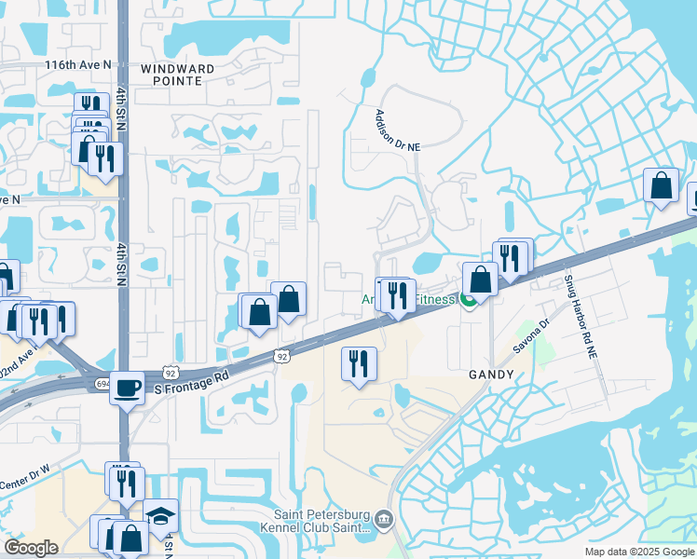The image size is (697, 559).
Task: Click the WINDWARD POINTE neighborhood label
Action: coord(177,75)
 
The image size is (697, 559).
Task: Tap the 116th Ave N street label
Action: coord(77,64)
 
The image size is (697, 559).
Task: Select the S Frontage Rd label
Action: coord(191,379)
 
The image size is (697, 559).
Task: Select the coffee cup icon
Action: coord(127,387)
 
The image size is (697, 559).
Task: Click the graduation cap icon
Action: coord(160,515)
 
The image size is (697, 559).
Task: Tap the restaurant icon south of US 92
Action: coord(359,362)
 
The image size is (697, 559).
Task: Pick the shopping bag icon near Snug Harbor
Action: coord(661,184)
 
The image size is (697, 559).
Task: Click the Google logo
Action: coord(31,548)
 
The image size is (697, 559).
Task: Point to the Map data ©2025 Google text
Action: coord(639,552)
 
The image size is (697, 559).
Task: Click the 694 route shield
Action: coord(102,383)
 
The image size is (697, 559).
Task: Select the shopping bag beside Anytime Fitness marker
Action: coord(480,279)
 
